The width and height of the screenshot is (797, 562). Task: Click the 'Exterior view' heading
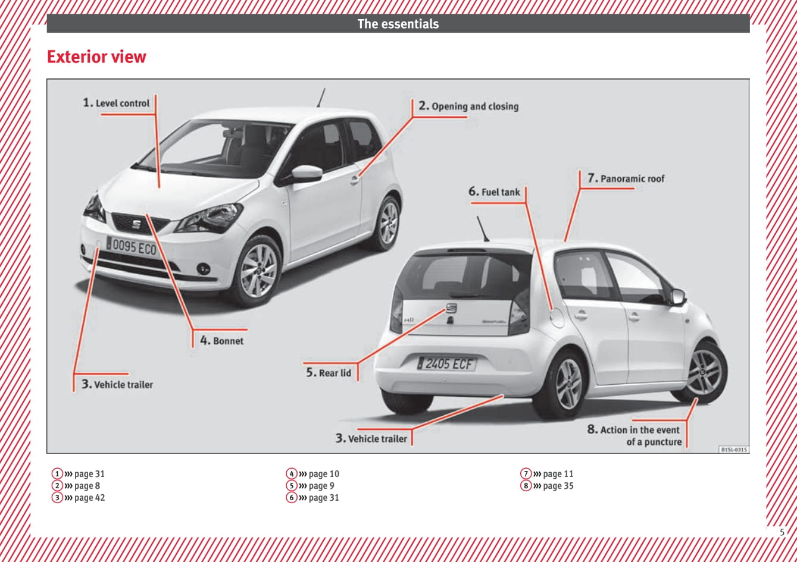[96, 57]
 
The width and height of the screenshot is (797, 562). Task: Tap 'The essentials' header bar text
[398, 24]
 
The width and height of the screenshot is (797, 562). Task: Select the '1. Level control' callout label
[117, 103]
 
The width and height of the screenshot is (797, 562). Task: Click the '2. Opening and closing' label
[468, 106]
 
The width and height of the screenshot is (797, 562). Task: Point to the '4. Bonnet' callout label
[221, 341]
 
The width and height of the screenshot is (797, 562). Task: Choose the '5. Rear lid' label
[329, 373]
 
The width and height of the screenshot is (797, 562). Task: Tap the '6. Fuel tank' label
[494, 192]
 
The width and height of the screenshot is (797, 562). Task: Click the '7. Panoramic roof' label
[626, 178]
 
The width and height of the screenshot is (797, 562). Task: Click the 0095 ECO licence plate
[132, 246]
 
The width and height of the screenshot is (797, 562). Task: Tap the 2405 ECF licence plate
[446, 363]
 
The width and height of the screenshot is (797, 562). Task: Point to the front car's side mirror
[306, 174]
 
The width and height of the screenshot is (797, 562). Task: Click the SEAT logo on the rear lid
[451, 308]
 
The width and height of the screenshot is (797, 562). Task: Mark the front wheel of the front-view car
[258, 271]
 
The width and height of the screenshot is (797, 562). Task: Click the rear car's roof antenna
[482, 228]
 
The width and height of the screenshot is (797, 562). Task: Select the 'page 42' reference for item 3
[89, 498]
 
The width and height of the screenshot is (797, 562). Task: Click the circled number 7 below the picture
[526, 474]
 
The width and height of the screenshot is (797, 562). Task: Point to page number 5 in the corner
[782, 532]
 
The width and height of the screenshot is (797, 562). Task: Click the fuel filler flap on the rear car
[557, 316]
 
